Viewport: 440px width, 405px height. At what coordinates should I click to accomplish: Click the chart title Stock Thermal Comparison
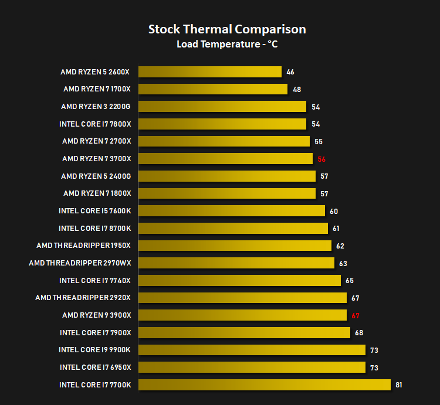tap(227, 29)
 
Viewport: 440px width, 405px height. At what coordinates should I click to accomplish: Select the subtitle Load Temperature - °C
tap(227, 44)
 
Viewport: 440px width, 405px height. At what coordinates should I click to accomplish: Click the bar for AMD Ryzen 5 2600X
tap(210, 72)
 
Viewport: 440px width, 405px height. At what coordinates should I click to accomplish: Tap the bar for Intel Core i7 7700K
tap(265, 384)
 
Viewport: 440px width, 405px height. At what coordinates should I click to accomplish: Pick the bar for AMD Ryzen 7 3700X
tap(225, 159)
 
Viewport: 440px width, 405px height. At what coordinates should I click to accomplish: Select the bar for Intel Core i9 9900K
tap(252, 350)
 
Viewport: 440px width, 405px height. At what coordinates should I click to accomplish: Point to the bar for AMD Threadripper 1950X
tap(235, 246)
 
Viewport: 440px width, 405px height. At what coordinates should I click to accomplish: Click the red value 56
tap(321, 159)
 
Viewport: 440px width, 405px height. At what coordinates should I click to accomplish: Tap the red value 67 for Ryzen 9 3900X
tap(356, 315)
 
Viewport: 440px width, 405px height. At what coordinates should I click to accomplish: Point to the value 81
tap(399, 385)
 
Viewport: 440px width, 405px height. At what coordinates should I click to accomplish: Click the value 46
tap(290, 72)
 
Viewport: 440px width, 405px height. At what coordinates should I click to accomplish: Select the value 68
tap(359, 333)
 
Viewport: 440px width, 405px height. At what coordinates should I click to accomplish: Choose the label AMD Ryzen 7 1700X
tap(97, 89)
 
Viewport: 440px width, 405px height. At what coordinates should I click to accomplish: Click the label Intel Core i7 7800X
tap(95, 124)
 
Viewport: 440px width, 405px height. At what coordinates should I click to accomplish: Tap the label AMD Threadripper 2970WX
tap(80, 263)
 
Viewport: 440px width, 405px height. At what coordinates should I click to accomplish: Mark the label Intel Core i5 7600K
tap(94, 211)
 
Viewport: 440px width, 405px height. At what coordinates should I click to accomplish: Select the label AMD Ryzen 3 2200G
tap(96, 107)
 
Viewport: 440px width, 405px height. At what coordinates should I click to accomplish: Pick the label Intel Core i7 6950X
tap(95, 367)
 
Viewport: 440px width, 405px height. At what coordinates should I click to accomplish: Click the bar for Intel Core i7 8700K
tap(233, 228)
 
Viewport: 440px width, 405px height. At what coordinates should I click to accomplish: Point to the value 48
tap(297, 90)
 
